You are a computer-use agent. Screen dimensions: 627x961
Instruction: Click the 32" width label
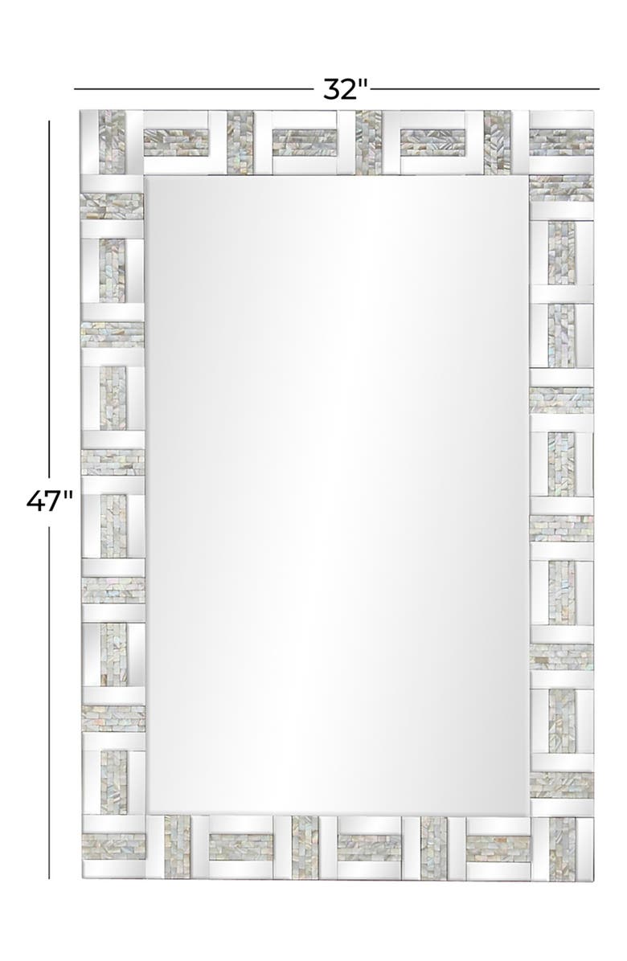click(x=346, y=89)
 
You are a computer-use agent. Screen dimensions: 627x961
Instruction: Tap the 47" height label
click(x=50, y=501)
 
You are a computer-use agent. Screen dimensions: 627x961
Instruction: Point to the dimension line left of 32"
click(x=193, y=89)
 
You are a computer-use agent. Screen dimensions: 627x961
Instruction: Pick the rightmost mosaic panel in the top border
click(x=562, y=141)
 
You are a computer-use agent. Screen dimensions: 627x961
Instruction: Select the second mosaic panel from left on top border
click(x=176, y=141)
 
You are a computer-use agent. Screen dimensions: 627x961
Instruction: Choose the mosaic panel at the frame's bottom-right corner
click(x=562, y=849)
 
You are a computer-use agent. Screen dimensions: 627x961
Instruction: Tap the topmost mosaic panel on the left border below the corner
click(x=112, y=207)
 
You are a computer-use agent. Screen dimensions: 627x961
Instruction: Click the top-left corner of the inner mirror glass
click(x=145, y=176)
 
